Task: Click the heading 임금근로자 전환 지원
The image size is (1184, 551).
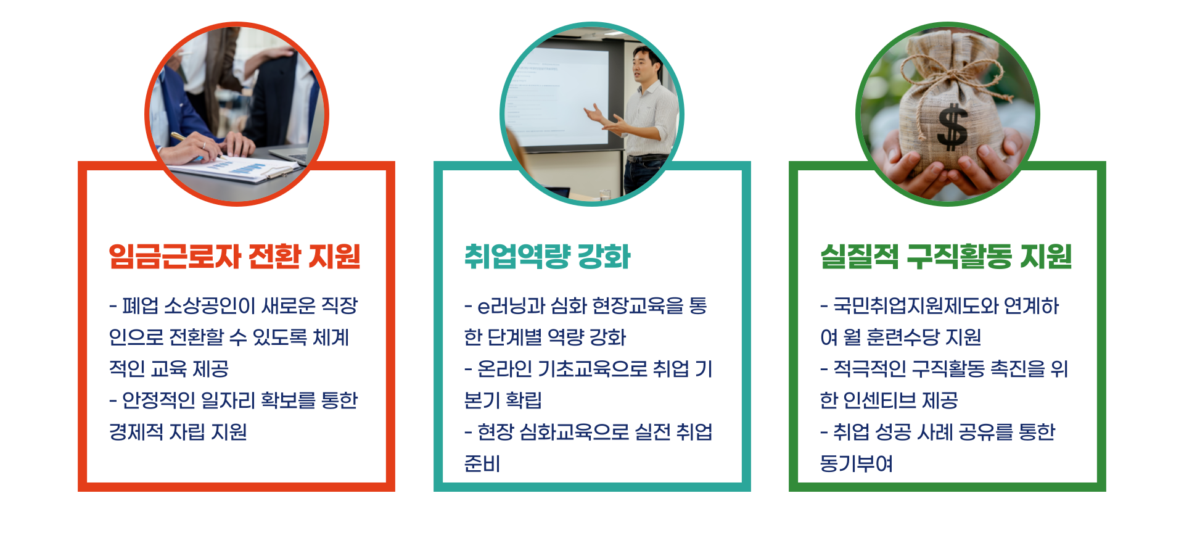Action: pyautogui.click(x=234, y=256)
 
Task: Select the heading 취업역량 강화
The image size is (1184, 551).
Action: pyautogui.click(x=547, y=256)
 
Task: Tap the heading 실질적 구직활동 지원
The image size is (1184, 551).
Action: pyautogui.click(x=946, y=256)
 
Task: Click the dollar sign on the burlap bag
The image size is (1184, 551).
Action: pyautogui.click(x=952, y=126)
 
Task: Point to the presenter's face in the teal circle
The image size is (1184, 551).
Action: pyautogui.click(x=645, y=65)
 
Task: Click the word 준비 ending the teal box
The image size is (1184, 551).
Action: pyautogui.click(x=482, y=463)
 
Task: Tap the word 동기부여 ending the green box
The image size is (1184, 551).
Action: pyautogui.click(x=856, y=463)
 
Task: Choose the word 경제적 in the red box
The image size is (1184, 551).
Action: pyautogui.click(x=136, y=432)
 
